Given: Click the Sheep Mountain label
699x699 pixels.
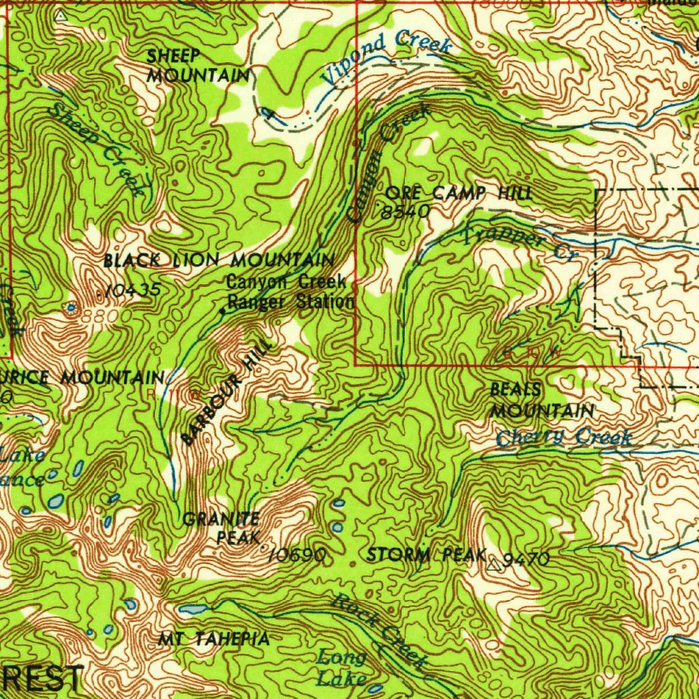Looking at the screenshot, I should coord(198,66).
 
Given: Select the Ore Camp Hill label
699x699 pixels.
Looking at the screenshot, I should coord(458,193).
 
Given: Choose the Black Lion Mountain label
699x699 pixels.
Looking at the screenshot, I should coord(218,260).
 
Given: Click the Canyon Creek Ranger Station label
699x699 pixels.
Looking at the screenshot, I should coord(290,291).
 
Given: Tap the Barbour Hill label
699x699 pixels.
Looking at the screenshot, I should coord(226,394).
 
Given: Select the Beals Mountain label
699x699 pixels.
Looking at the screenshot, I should coord(541,401).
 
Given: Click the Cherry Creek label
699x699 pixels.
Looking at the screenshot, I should coord(563,437).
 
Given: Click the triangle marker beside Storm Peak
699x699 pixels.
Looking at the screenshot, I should coord(495,564).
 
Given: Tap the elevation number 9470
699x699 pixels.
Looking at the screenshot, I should coord(526,560).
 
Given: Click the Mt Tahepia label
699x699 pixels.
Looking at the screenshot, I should coord(214,640).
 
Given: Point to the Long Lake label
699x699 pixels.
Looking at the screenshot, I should coord(342,668).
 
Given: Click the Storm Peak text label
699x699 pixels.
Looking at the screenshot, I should coord(426,554).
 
